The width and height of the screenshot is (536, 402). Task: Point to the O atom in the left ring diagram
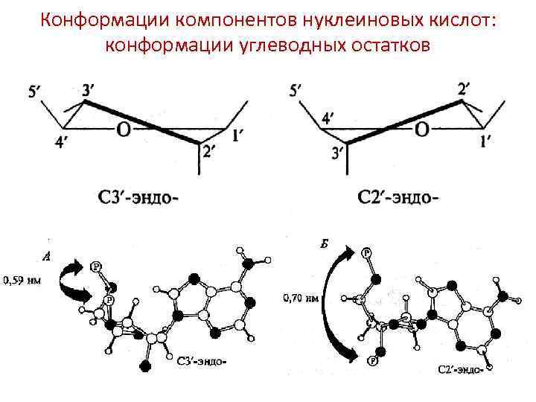tap(124, 130)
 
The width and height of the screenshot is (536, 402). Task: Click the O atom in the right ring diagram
tap(422, 130)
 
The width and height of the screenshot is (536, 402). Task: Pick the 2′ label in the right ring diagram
tap(465, 89)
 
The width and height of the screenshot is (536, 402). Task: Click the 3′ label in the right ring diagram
tap(338, 153)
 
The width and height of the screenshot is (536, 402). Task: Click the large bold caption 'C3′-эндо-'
tap(138, 198)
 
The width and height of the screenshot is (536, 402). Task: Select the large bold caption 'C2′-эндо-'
tap(398, 198)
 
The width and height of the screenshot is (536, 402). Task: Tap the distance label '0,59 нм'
tap(22, 281)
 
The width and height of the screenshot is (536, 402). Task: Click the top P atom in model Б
tap(366, 253)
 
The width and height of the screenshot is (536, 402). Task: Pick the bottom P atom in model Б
tap(370, 362)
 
